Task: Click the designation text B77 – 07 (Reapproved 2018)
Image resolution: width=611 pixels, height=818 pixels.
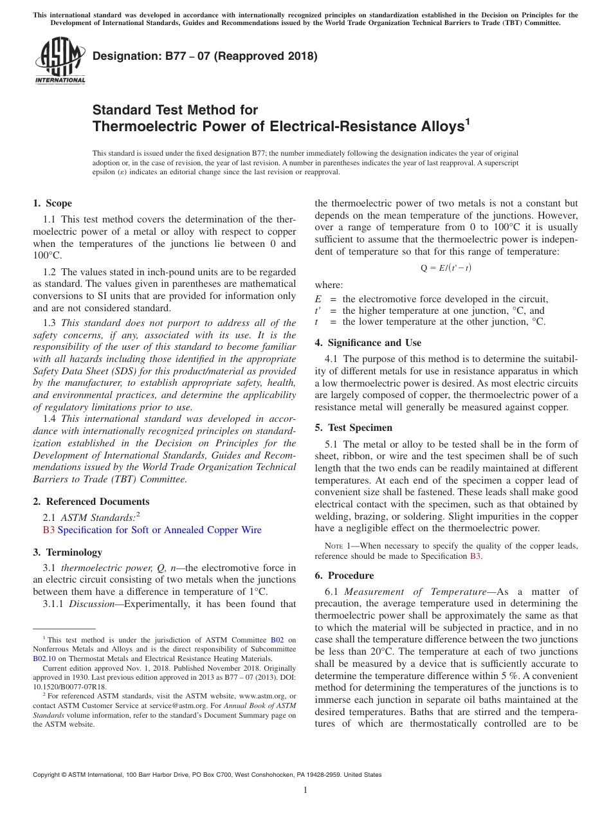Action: point(205,56)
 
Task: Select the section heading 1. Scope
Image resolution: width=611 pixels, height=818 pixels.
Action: point(52,204)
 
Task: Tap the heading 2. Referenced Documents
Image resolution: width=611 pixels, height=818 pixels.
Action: point(91,502)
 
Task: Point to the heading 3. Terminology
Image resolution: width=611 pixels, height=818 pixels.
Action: point(68,552)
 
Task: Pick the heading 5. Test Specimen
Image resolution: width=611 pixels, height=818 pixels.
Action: point(353,428)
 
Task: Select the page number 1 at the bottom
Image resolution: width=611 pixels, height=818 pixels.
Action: point(305,790)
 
